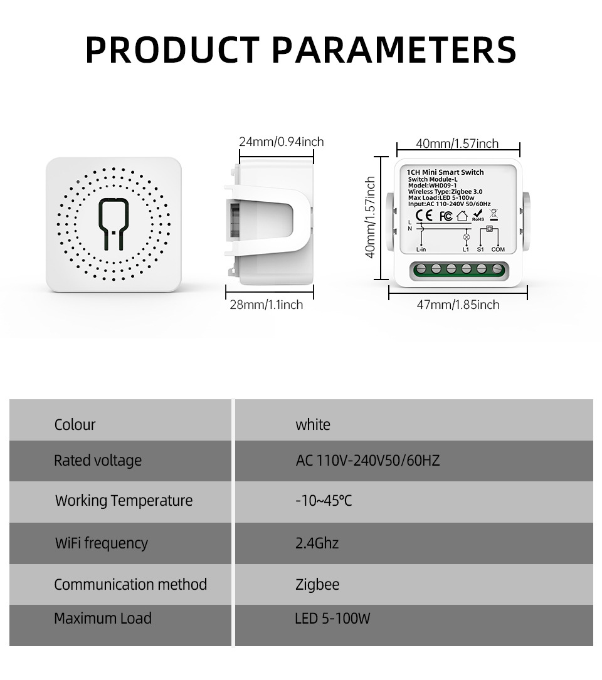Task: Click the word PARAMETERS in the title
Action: (x=394, y=50)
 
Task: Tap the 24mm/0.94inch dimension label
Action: (x=282, y=142)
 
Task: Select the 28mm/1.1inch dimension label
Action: (x=266, y=305)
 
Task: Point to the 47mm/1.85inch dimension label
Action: (x=458, y=305)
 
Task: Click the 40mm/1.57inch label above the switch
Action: (x=457, y=144)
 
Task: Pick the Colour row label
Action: (x=75, y=424)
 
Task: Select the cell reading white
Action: (x=313, y=424)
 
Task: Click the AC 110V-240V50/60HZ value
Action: (x=367, y=460)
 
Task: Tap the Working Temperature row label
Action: (x=124, y=501)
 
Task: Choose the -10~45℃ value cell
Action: (x=324, y=501)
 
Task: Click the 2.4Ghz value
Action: (x=317, y=543)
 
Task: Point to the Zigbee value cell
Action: (x=317, y=585)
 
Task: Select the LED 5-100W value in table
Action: (x=332, y=619)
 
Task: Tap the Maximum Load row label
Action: (x=103, y=619)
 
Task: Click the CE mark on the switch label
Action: (x=424, y=215)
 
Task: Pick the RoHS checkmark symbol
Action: (x=477, y=215)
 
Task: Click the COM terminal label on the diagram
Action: (x=498, y=249)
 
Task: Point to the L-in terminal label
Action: (x=421, y=249)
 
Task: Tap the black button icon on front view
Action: (x=114, y=224)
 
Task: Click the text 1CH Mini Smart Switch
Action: (x=445, y=172)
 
